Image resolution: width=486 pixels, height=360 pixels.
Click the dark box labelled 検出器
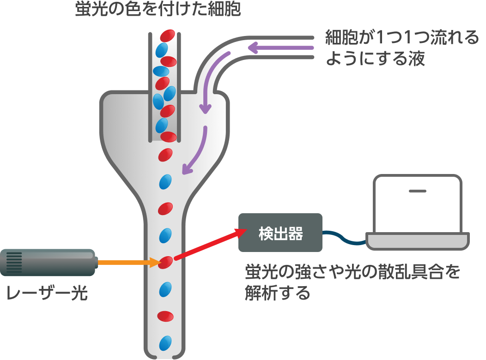pos(280,233)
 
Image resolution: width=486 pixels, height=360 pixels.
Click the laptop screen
pos(418,203)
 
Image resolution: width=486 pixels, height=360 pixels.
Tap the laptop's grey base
pos(418,241)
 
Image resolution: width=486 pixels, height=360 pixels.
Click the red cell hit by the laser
pos(165,263)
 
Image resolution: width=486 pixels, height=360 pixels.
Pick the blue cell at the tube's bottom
pos(165,343)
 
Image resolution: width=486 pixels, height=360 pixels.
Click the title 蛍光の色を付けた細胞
pos(158,10)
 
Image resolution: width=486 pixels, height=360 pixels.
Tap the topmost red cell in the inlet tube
pos(168,36)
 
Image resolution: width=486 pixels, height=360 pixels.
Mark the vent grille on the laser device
pos(14,262)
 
